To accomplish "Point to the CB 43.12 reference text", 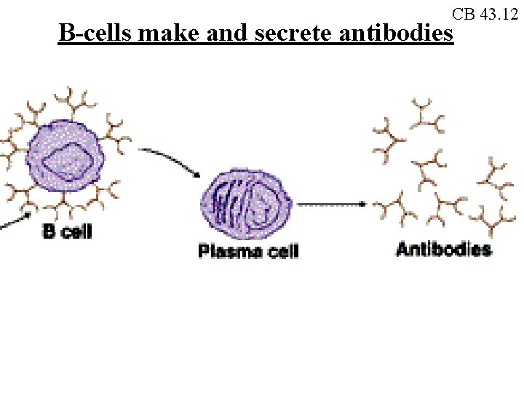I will (485, 14).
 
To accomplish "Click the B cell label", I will (67, 232).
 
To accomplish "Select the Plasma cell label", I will (248, 251).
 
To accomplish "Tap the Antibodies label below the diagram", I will (443, 250).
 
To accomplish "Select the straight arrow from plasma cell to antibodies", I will (332, 205).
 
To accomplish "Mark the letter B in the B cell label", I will (48, 232).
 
